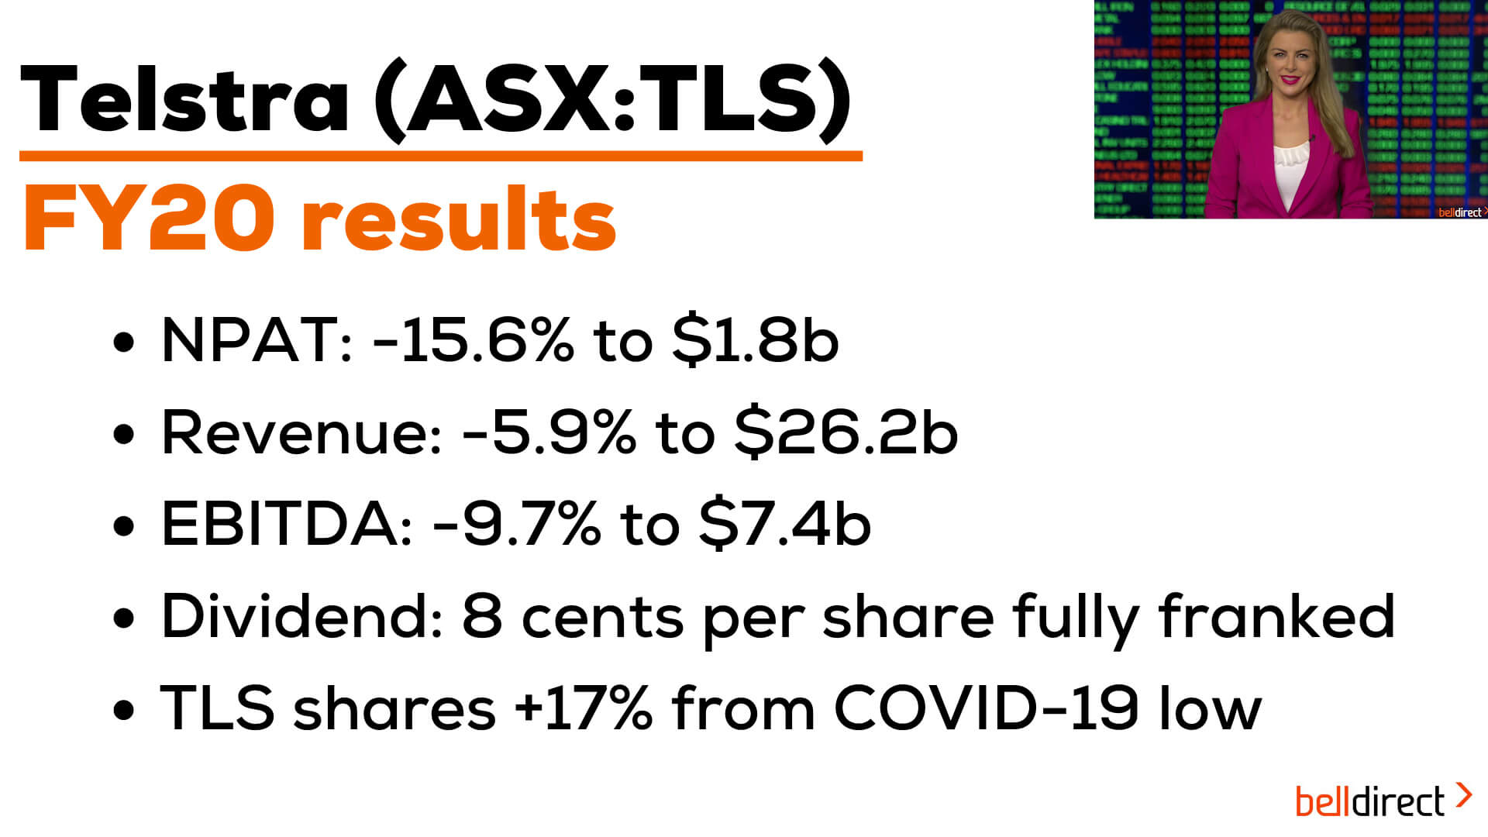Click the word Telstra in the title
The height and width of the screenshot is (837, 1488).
pos(184,99)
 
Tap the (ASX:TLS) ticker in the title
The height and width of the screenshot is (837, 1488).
pos(612,101)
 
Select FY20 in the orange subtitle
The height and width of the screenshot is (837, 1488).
pos(149,219)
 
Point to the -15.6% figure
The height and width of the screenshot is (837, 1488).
pos(474,339)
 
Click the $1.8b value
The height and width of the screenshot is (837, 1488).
pos(756,339)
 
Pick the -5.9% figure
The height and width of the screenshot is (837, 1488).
pos(549,432)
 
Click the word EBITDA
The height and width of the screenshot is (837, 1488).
pos(287,524)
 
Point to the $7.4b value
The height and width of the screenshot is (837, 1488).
pos(784,524)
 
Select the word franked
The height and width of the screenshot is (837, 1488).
pos(1276,616)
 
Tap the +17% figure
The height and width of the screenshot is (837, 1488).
pos(583,708)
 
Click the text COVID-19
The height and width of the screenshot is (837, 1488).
pos(986,708)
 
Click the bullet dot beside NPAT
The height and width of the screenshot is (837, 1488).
pos(124,342)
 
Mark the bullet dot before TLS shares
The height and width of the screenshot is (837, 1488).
pos(124,711)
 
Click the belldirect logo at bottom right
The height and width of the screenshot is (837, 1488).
pos(1383,801)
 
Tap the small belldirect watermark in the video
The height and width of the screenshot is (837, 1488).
pos(1461,212)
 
